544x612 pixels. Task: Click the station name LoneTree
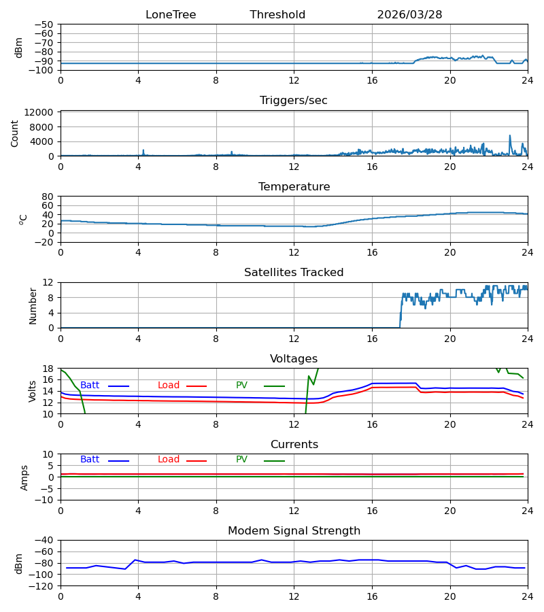click(x=171, y=15)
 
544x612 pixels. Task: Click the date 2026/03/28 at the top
click(x=409, y=15)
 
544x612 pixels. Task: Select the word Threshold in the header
click(x=277, y=15)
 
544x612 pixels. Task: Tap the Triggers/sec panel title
click(x=294, y=101)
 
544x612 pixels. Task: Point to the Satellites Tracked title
click(x=294, y=273)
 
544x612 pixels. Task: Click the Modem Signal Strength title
click(x=294, y=531)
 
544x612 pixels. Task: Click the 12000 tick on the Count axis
click(x=39, y=112)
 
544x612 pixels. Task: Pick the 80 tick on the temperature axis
click(x=48, y=197)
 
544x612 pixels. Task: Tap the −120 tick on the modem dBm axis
click(x=44, y=586)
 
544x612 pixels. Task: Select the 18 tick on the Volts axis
click(x=48, y=369)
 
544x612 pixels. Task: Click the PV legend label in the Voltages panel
click(x=241, y=386)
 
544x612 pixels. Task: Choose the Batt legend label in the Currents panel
click(x=90, y=460)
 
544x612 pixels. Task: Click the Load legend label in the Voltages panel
click(x=169, y=386)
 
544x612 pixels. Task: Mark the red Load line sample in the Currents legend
click(x=197, y=461)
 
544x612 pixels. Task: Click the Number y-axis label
click(x=33, y=306)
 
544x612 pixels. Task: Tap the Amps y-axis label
click(x=24, y=478)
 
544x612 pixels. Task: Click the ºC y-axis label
click(x=23, y=220)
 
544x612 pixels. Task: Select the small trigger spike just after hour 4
click(x=143, y=152)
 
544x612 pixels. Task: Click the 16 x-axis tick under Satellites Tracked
click(x=372, y=339)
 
